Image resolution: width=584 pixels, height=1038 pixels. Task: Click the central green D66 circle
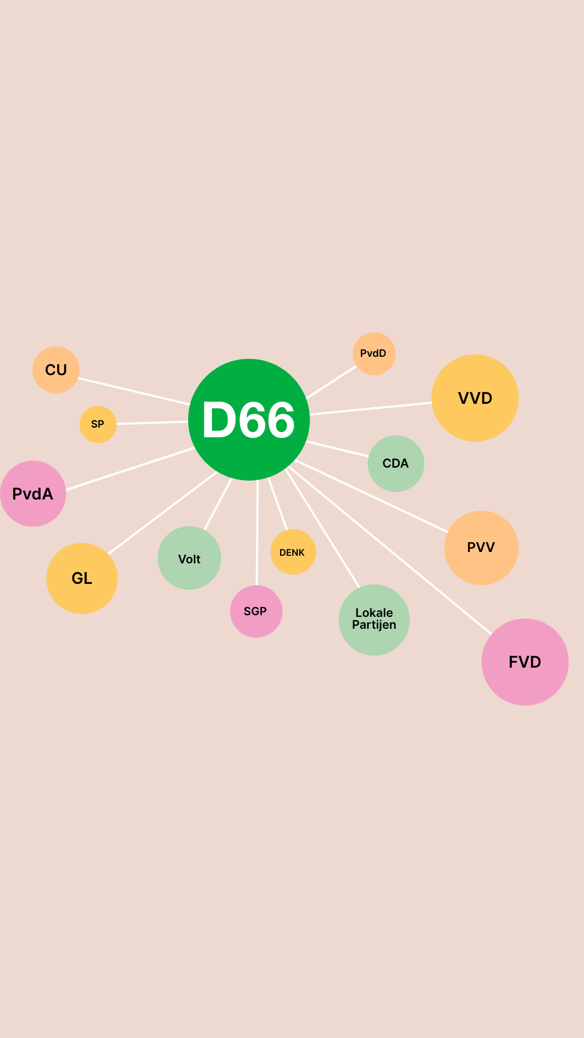coord(249,420)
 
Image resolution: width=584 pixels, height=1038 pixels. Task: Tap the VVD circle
coord(475,398)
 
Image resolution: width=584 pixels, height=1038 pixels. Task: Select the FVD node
coord(525,662)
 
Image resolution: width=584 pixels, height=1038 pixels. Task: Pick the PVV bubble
coord(481,548)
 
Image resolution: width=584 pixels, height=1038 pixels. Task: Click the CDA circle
coord(396,463)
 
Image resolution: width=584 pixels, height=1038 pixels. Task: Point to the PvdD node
coord(374,354)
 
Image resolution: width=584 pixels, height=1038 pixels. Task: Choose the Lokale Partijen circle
coord(374,620)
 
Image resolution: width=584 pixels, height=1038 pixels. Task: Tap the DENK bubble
coord(293,552)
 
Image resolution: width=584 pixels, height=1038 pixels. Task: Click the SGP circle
coord(256,611)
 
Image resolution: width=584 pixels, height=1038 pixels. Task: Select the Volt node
coord(189,558)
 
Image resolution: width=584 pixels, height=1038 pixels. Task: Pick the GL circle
coord(82,578)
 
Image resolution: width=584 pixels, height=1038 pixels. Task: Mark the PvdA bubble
coord(33,494)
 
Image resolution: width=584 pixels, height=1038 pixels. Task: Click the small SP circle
coord(98,424)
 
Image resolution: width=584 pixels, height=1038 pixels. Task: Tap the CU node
coord(56,370)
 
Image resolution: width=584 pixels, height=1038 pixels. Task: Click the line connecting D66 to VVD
coord(371,409)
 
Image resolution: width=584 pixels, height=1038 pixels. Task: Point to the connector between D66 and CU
coord(134,391)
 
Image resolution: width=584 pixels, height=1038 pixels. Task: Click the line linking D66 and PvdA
coord(130,469)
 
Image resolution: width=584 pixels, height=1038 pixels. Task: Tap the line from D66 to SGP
coord(257,533)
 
